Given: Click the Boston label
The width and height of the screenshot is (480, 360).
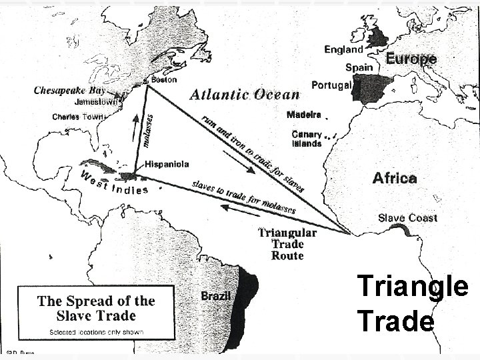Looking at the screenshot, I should coord(164,79).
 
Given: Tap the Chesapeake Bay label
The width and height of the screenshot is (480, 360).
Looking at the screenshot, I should coord(70,90).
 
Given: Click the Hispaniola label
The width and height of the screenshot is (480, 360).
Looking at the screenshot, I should coord(167,163).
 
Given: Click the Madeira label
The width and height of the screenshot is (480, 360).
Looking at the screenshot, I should coord(304,115).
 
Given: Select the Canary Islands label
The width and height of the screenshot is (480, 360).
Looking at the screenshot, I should coord(307,139).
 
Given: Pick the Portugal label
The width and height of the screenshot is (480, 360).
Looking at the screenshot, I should coord(331,85).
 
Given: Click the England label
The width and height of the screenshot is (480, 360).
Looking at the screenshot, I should coord(343,49).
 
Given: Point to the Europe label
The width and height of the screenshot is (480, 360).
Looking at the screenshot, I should coord(411,59).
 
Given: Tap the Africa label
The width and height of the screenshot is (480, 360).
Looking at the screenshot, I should coord(395,178).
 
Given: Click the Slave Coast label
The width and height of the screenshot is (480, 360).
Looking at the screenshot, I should coord(408,217).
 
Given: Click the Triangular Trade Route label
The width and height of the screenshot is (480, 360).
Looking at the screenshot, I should coord(287,244).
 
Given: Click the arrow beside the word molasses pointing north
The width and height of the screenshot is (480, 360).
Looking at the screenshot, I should coord(136,124).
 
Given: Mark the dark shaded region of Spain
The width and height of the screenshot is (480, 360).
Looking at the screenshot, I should coord(377,89).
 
